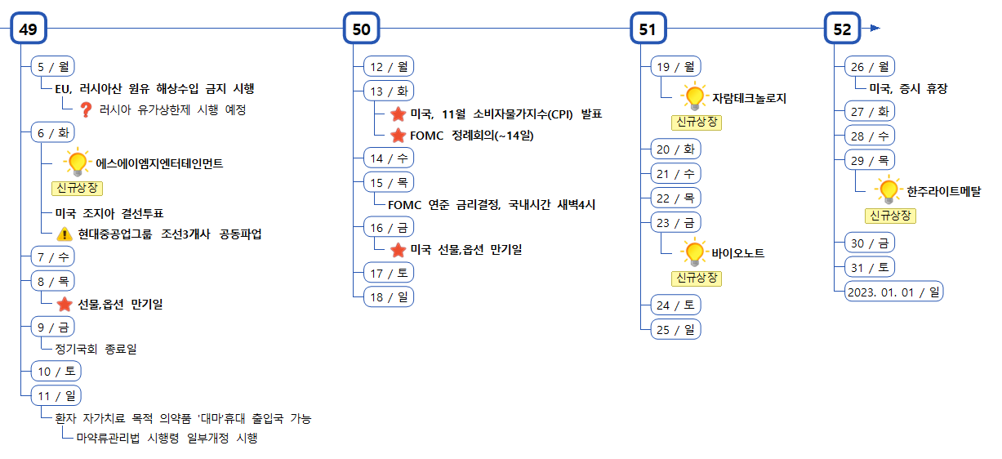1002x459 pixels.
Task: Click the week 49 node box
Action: pos(29,29)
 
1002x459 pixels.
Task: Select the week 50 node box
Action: pos(361,29)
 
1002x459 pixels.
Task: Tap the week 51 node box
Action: pos(648,29)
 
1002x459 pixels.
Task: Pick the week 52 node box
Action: pos(842,29)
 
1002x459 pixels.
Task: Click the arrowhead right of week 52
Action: pos(875,29)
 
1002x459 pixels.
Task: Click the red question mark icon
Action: pos(86,109)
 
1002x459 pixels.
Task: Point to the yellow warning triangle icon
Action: pos(65,234)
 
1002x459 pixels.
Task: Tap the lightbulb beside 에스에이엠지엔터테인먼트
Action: pos(77,163)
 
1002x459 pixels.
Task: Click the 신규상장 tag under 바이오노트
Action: pos(697,279)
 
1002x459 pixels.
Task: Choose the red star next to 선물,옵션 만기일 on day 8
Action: pos(65,305)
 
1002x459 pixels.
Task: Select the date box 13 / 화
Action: pos(389,91)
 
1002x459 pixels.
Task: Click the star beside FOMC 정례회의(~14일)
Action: pos(399,136)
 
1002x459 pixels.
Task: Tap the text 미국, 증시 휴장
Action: pos(908,89)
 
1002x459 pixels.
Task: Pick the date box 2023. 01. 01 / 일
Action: pos(894,291)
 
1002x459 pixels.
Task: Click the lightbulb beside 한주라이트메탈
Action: pos(888,191)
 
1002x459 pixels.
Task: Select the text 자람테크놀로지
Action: pos(749,98)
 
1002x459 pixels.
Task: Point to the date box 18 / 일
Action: pos(389,297)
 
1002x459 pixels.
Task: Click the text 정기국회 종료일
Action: pos(96,349)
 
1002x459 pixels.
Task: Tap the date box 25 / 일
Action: pos(675,329)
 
